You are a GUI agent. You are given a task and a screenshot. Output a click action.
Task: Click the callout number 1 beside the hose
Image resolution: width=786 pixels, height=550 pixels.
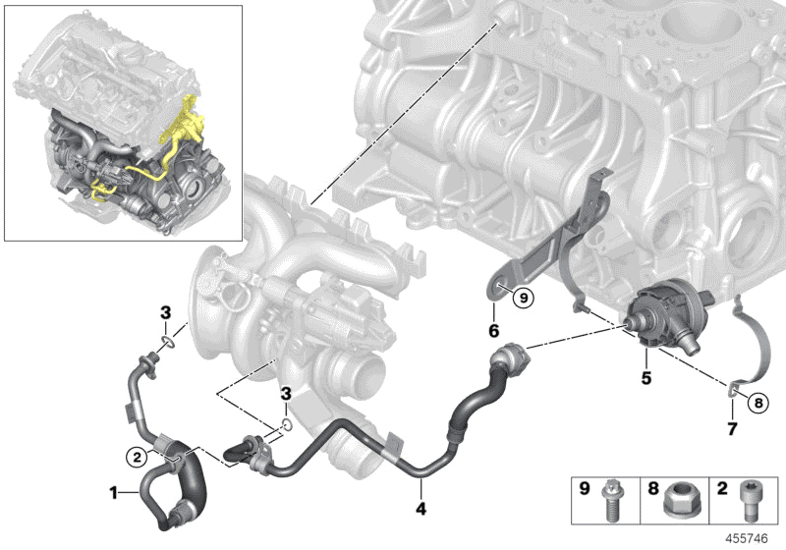(113, 489)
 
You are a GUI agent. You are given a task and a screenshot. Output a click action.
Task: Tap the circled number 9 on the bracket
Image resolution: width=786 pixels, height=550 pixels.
(524, 296)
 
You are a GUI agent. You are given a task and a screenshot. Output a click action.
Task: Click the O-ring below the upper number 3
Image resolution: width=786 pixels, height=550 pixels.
(165, 341)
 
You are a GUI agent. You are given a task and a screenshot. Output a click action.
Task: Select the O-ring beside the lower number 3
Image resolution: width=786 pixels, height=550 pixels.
(285, 425)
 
